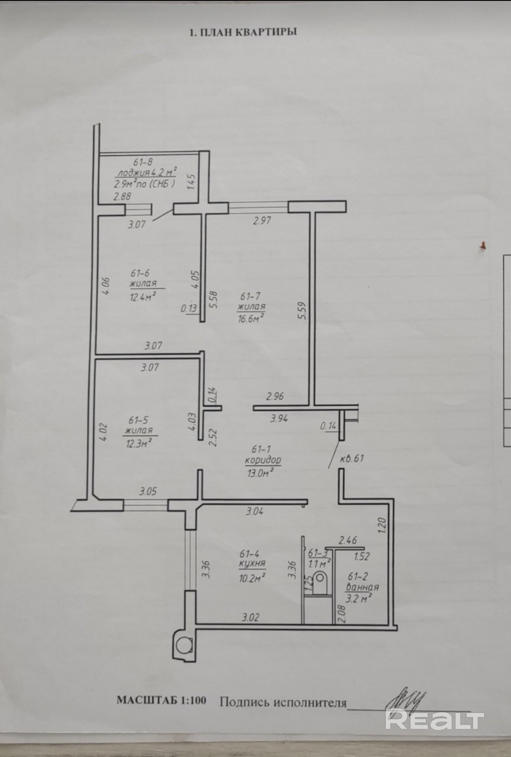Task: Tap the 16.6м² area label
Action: tap(250, 318)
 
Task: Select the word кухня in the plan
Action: tap(252, 564)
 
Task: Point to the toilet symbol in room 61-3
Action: tap(321, 581)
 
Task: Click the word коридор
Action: tap(263, 459)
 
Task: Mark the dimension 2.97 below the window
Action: tap(261, 220)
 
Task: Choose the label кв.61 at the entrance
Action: tap(352, 458)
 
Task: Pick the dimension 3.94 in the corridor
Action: tap(280, 419)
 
